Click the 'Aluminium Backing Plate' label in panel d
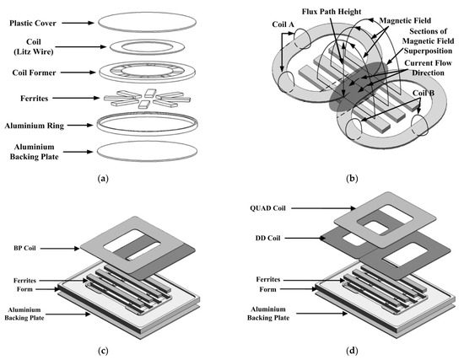[x=265, y=315]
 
